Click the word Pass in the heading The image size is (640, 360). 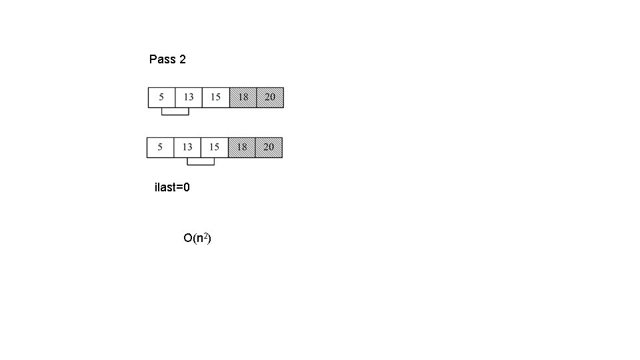162,59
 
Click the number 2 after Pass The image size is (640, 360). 183,59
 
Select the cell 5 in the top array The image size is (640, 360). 161,97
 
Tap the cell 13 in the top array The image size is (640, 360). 189,97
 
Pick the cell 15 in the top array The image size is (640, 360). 215,97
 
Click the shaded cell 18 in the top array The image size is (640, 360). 243,97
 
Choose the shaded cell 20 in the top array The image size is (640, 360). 270,97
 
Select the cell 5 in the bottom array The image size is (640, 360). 160,147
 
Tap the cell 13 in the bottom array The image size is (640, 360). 187,147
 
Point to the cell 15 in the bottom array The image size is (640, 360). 214,147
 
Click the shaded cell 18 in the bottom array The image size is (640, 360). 241,147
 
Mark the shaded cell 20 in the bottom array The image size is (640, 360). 269,147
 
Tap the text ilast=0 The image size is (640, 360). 172,187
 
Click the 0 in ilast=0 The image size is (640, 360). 187,187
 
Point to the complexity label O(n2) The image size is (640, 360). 197,238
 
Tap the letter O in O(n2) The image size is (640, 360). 187,238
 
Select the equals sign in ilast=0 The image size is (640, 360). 179,187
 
